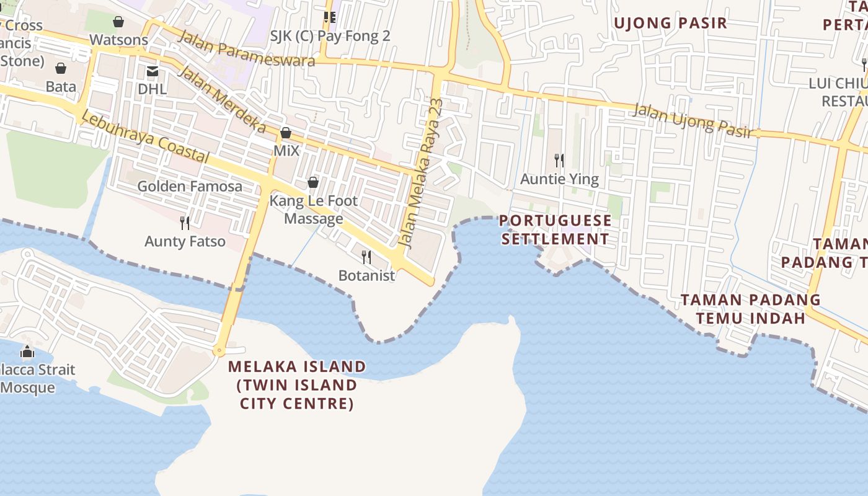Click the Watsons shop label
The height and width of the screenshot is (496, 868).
point(118,40)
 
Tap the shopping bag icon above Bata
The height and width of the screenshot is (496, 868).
point(61,68)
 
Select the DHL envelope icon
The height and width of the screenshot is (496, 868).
point(153,71)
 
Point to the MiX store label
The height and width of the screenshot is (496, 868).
point(286,151)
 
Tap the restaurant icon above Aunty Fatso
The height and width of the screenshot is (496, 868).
point(184,223)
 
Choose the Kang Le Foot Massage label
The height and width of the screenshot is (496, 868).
point(313,210)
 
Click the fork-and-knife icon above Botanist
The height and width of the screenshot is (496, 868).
point(366,257)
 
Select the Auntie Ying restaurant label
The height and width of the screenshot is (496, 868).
point(559,179)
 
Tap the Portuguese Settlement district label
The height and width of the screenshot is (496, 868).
point(556,230)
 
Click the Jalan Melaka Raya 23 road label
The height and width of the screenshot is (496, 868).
point(422,173)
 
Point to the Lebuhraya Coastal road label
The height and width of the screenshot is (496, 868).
point(144,138)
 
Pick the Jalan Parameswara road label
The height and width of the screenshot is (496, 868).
point(246,48)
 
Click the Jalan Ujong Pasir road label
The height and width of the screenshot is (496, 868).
point(693,120)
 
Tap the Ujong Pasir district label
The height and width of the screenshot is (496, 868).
point(670,24)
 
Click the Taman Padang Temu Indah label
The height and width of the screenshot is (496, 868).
point(750,309)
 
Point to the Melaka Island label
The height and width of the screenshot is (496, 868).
point(297,384)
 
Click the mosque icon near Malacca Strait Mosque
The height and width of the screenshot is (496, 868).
point(27,352)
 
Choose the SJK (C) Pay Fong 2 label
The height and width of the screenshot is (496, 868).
point(330,36)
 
